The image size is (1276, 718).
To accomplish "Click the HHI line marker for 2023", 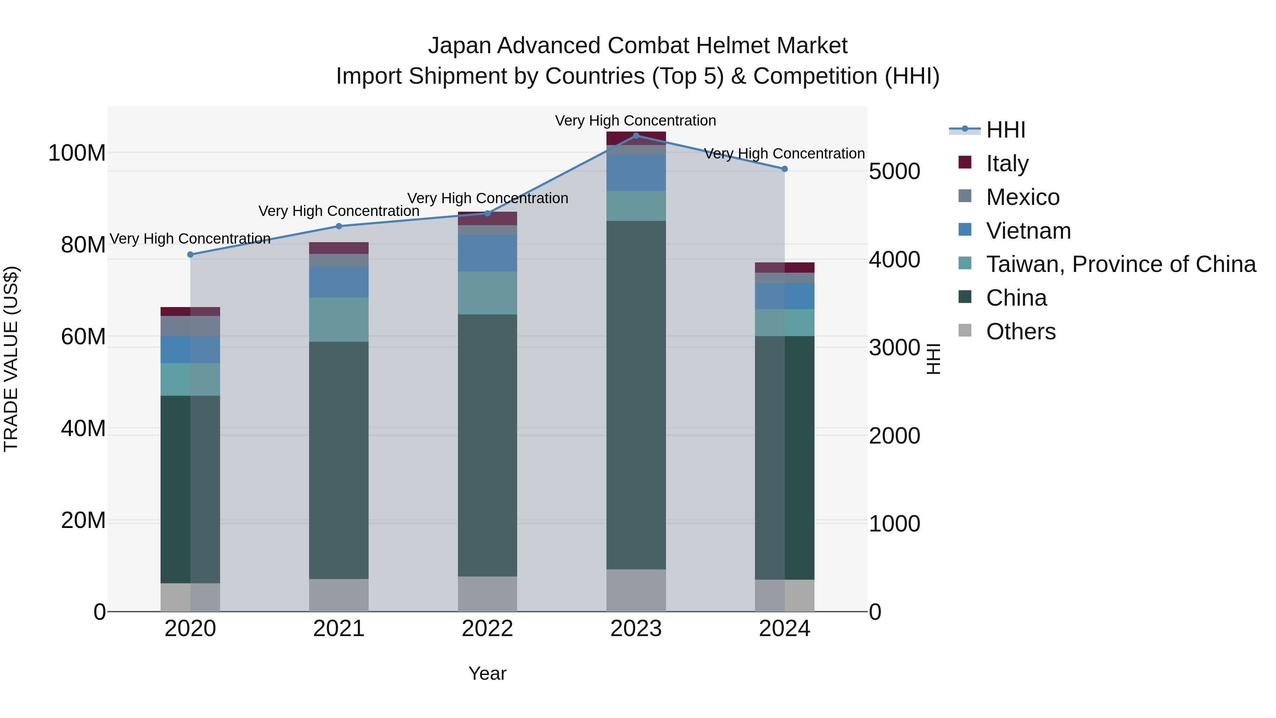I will (636, 135).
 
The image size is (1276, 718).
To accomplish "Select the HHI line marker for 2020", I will (190, 255).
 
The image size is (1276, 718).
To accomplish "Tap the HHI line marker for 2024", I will (785, 169).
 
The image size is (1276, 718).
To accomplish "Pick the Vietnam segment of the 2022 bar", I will (487, 253).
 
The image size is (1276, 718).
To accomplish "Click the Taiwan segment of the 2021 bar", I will (339, 319).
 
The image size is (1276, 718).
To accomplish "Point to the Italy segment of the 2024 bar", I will (785, 268).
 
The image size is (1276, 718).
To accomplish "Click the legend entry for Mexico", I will (1022, 197).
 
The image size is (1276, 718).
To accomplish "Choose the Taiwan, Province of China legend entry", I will (1120, 264).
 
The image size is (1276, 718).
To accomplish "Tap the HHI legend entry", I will (1005, 130).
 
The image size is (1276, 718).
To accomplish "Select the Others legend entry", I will (1020, 332).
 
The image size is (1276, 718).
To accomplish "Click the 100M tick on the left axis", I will (77, 153).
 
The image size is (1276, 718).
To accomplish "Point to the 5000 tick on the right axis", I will (895, 172).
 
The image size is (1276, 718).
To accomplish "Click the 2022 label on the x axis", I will (487, 629).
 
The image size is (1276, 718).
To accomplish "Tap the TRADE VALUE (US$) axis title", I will (11, 359).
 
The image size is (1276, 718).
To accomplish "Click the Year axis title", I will (487, 673).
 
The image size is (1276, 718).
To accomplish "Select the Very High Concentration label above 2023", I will (636, 121).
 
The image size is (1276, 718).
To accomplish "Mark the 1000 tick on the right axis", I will (895, 524).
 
